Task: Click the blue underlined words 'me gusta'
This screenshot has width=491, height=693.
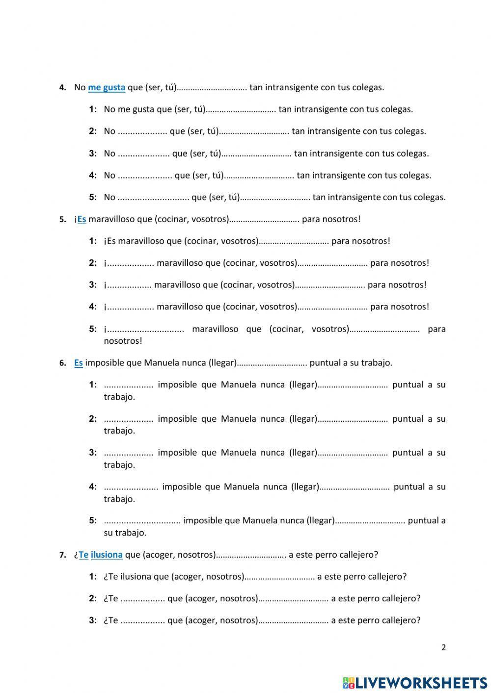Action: [x=107, y=88]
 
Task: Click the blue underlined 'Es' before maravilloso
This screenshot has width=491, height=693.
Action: [x=82, y=219]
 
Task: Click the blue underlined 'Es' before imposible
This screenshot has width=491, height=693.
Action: [x=79, y=363]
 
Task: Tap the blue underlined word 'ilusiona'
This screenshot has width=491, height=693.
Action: [x=107, y=555]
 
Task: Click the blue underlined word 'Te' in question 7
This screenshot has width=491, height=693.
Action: [x=83, y=555]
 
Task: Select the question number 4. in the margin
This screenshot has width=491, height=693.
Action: [x=63, y=88]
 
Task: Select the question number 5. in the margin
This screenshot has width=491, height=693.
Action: [x=63, y=220]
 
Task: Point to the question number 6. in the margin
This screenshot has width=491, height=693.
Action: [x=63, y=363]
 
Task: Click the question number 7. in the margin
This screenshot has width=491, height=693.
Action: [x=63, y=555]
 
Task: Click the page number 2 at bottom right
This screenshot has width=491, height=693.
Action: [x=444, y=647]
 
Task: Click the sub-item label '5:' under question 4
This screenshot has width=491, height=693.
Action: [x=93, y=198]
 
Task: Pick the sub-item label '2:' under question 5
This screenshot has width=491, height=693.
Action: [x=93, y=263]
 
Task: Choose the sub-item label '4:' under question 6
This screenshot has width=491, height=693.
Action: [x=93, y=487]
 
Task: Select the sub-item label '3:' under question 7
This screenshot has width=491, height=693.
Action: [x=93, y=620]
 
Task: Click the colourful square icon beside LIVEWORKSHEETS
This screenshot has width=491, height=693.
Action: [x=348, y=682]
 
